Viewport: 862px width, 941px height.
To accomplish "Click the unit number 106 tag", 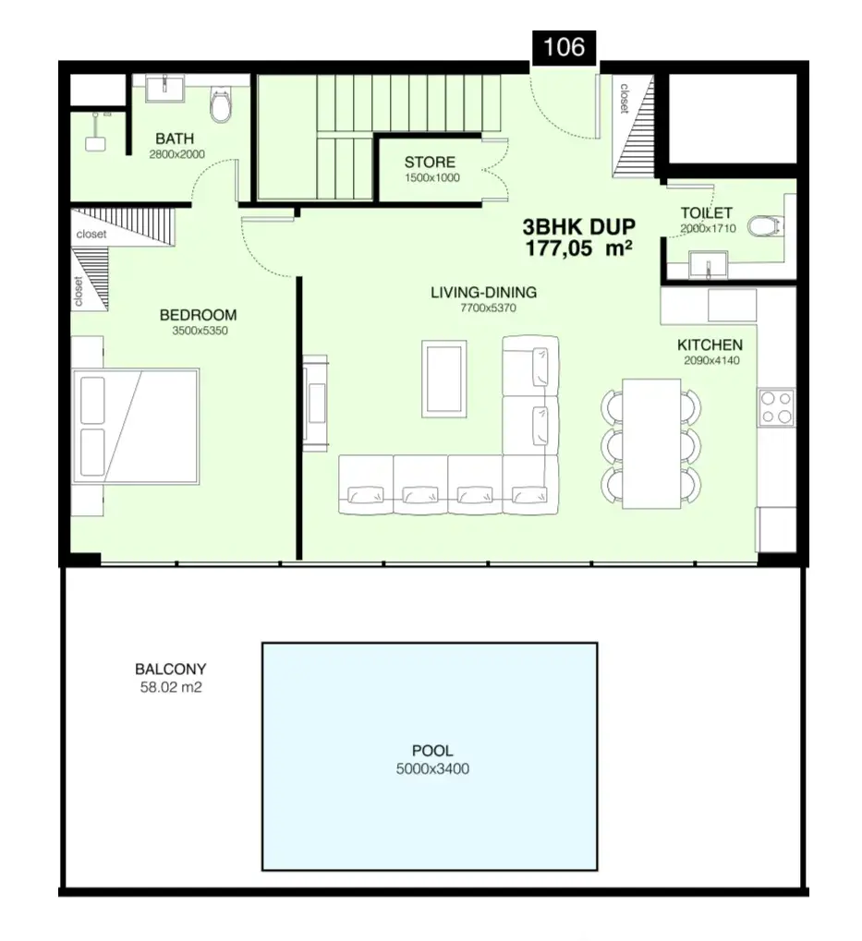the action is click(564, 47).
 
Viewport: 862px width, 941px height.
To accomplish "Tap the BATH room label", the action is click(175, 139).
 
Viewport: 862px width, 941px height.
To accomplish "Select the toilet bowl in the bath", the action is click(221, 105).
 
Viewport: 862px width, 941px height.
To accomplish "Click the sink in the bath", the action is click(165, 89).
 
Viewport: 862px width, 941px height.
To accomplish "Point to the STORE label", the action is click(430, 162).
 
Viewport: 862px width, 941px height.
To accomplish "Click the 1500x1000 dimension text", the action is click(432, 177).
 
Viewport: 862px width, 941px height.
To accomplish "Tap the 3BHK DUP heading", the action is click(578, 227).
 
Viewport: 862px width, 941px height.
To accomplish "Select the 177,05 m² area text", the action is click(578, 247).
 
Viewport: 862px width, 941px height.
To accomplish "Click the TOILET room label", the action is click(707, 213).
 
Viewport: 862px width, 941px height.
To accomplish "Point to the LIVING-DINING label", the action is click(484, 293).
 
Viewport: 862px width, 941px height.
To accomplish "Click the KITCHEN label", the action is click(710, 345).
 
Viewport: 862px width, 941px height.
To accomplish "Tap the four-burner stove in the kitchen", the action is click(776, 408).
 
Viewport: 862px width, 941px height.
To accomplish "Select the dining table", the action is click(651, 444).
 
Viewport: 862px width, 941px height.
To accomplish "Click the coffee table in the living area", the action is click(444, 379).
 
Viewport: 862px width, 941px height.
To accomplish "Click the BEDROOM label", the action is click(198, 315).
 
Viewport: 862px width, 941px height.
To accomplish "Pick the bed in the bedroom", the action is click(136, 426).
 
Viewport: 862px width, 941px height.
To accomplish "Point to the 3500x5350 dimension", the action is click(200, 331).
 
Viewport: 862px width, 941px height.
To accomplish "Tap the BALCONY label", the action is click(171, 670).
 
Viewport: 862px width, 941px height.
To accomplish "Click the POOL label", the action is click(432, 751).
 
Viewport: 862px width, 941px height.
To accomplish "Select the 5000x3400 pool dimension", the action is click(432, 768).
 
